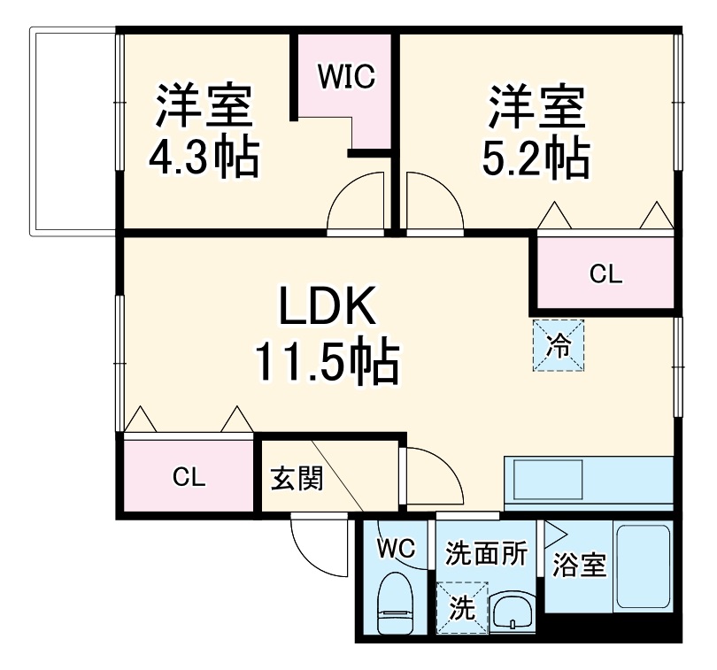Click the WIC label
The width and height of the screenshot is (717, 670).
pos(348,76)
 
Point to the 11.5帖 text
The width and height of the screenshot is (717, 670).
pos(327,361)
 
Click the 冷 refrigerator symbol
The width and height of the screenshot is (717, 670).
pos(559,344)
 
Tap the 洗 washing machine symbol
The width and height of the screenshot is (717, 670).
pos(461,607)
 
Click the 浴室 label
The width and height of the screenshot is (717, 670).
pos(579,565)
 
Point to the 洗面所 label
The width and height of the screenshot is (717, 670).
pos(486,554)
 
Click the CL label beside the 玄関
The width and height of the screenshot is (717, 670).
pos(189,479)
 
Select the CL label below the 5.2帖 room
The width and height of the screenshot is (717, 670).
pos(606,274)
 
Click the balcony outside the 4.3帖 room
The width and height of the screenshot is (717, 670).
pos(74,132)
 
